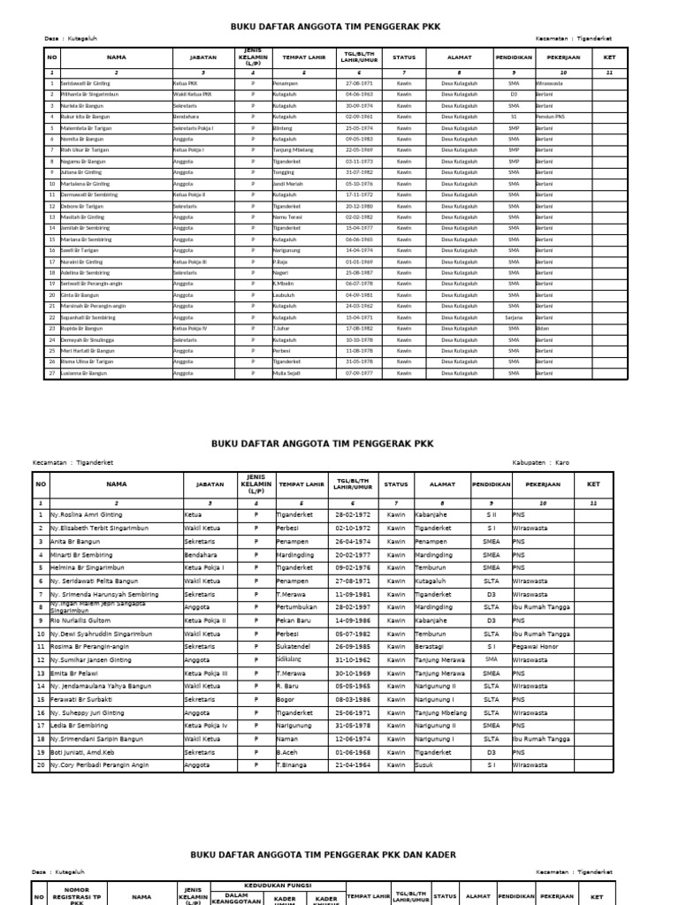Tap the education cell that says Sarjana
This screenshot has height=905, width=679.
[x=514, y=317]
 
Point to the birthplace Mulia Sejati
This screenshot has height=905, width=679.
[x=287, y=373]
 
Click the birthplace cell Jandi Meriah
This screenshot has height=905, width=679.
[x=287, y=184]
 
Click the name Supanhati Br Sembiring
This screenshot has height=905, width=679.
[x=88, y=317]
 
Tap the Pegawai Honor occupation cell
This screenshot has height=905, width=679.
[x=537, y=646]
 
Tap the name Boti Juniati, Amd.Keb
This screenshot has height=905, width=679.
[x=87, y=751]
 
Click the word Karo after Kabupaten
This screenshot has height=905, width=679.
[x=562, y=462]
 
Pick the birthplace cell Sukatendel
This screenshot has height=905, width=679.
[x=294, y=646]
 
